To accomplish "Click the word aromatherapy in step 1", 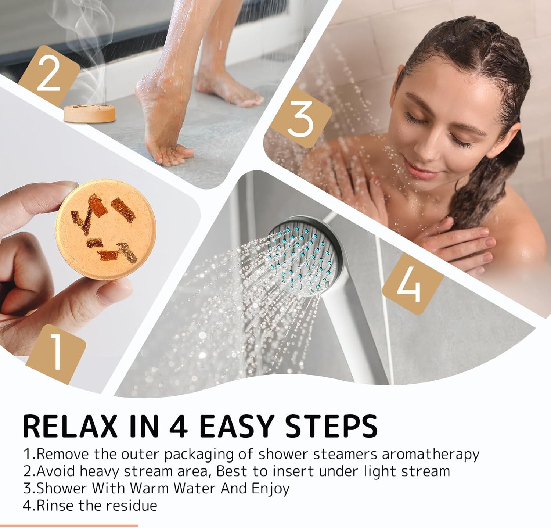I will [x=431, y=455].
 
